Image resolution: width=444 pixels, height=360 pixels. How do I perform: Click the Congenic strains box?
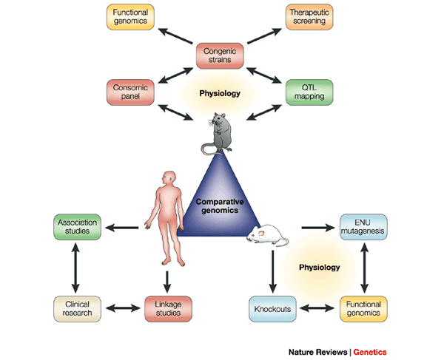click(220, 55)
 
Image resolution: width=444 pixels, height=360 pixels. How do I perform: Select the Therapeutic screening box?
click(309, 17)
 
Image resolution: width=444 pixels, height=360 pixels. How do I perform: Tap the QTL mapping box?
click(309, 92)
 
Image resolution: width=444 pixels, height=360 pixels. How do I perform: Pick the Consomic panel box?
click(130, 92)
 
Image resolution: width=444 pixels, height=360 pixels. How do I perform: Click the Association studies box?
click(77, 227)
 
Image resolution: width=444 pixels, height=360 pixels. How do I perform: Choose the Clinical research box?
click(77, 309)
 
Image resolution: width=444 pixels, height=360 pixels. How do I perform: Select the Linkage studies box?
click(168, 309)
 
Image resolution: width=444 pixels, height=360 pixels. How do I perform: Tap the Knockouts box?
click(272, 309)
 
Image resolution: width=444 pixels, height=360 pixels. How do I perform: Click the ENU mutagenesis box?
click(363, 227)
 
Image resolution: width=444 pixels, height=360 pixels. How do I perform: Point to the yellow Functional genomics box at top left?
click(130, 17)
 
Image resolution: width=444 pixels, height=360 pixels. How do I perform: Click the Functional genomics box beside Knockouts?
click(363, 309)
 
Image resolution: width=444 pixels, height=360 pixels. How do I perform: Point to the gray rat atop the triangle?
click(218, 133)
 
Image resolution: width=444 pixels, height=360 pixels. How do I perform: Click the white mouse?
click(267, 235)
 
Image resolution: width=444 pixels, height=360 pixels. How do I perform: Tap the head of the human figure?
click(169, 178)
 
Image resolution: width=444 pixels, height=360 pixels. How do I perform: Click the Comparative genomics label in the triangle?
click(220, 206)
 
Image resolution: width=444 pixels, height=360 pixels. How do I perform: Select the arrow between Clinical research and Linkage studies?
click(123, 308)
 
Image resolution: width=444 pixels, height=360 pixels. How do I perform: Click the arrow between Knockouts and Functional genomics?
click(317, 308)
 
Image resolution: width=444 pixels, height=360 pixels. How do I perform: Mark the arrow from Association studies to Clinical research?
click(75, 268)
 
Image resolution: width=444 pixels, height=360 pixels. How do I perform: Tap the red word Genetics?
click(370, 352)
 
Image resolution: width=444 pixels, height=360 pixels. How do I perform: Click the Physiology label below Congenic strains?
click(220, 93)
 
